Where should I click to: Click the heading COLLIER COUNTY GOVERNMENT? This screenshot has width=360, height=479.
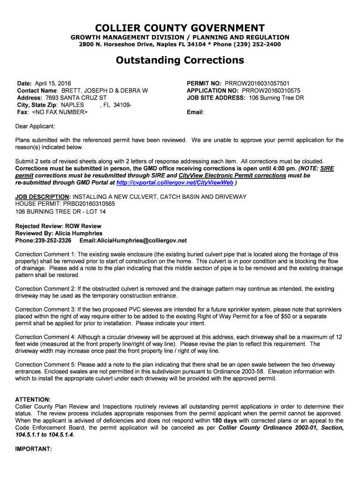pyautogui.click(x=180, y=28)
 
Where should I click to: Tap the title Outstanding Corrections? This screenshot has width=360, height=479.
pyautogui.click(x=180, y=60)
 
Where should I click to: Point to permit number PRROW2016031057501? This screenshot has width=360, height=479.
pyautogui.click(x=257, y=83)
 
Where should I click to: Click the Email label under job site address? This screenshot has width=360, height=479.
pyautogui.click(x=195, y=113)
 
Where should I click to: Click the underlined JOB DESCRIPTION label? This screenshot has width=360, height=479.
pyautogui.click(x=43, y=197)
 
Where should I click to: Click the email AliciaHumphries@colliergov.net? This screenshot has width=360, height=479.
pyautogui.click(x=133, y=240)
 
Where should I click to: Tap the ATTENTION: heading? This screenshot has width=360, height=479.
pyautogui.click(x=33, y=399)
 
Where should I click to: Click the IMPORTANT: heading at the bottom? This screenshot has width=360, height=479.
pyautogui.click(x=33, y=449)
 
